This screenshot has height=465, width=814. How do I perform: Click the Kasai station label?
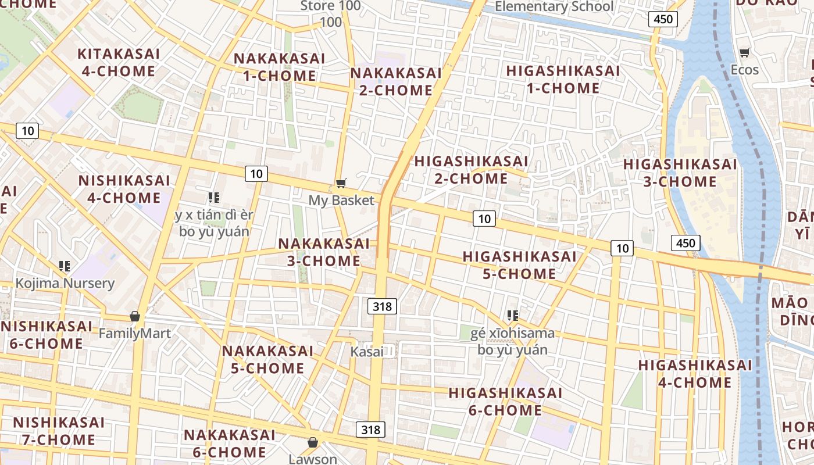367,352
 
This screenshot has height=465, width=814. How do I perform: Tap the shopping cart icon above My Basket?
341,184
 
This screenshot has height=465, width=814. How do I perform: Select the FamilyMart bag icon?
135,316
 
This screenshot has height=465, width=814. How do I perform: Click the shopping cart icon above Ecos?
744,53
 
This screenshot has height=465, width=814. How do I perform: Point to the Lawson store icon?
313,442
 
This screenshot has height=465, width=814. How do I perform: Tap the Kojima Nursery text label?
65,284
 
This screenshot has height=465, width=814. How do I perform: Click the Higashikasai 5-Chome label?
519,265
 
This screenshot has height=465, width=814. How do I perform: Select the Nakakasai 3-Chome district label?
324,252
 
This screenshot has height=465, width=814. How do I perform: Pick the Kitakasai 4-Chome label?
119,63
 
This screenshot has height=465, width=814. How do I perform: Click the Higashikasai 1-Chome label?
563,80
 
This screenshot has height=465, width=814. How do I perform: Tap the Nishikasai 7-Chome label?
58,431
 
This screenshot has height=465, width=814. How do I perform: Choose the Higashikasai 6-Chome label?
505,402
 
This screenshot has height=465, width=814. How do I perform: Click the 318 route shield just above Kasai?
382,306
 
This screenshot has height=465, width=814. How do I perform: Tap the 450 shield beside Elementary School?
662,19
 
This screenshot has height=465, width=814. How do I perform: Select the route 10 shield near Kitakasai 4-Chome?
27,131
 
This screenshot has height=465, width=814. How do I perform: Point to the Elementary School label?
554,7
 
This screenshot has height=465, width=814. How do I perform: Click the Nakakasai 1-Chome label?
279,67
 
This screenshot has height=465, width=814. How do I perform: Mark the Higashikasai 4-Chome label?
695,374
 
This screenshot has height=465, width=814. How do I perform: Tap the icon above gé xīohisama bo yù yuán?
512,316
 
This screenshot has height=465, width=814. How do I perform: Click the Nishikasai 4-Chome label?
124,189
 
